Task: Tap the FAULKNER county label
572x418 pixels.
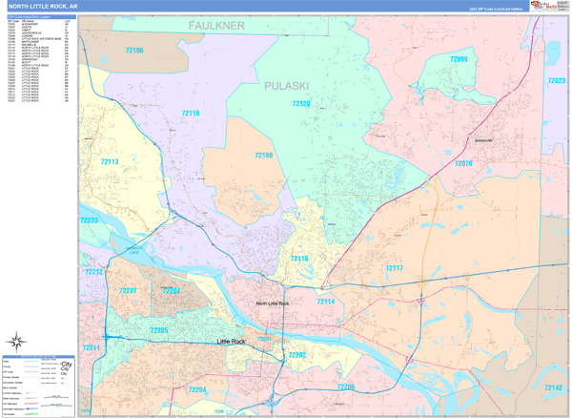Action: (x=216, y=25)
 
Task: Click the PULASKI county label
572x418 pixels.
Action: (x=287, y=86)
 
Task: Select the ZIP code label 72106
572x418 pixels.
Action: (x=134, y=50)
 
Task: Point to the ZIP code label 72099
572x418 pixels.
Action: (x=459, y=59)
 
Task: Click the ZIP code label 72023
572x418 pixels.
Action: (x=556, y=81)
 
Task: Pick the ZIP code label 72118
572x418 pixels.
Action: (x=190, y=114)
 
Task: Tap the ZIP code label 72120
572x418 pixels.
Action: (x=301, y=103)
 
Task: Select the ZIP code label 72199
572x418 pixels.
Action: (x=263, y=155)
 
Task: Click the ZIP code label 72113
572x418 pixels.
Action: (x=108, y=162)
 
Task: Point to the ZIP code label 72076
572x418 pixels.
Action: (x=463, y=163)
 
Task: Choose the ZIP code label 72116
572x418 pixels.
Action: (x=298, y=259)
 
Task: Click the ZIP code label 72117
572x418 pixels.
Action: (x=394, y=268)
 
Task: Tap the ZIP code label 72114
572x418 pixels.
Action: (x=325, y=302)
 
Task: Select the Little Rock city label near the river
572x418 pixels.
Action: (x=232, y=341)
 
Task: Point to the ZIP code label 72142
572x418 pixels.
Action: (x=552, y=388)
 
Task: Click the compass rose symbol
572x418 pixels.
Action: (x=16, y=341)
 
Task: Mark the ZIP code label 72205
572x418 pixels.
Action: (x=158, y=330)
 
